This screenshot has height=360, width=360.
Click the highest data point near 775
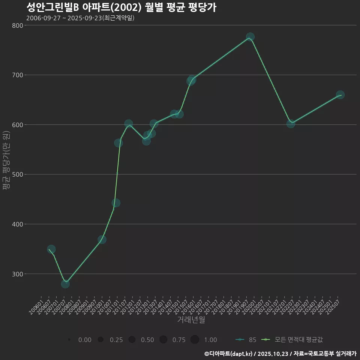tap(250, 37)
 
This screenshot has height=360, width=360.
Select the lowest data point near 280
tap(65, 284)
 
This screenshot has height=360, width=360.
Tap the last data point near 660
tap(340, 94)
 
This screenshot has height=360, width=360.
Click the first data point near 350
tap(51, 249)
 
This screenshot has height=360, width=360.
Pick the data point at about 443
tap(116, 203)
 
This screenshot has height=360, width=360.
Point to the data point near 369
tap(102, 239)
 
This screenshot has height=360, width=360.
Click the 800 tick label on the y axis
tap(17, 25)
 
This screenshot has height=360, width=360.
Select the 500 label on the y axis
tap(17, 174)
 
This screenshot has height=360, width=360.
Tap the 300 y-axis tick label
tap(17, 274)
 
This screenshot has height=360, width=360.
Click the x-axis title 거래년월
tap(191, 320)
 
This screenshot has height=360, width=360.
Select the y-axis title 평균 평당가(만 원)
tap(6, 161)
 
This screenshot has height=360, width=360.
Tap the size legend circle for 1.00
tap(195, 340)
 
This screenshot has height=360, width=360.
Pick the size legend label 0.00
tap(85, 340)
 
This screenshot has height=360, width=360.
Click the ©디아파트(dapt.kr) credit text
tap(228, 354)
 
